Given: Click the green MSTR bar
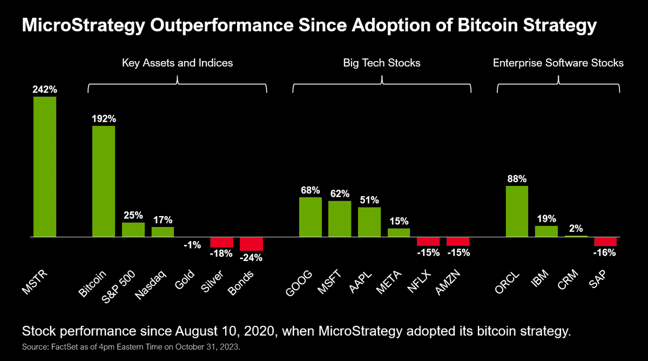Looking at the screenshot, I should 45,166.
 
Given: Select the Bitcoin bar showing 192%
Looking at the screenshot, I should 104,181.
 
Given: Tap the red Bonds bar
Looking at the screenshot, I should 251,244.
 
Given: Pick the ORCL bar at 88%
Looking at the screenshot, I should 517,211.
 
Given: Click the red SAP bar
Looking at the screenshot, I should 605,242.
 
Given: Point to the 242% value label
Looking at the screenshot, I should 45,90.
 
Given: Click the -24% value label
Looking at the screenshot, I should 251,258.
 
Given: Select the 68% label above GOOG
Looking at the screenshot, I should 310,190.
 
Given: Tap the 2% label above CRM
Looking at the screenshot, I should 576,229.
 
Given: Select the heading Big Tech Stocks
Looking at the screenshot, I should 382,63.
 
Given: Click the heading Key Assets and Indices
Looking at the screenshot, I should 177,63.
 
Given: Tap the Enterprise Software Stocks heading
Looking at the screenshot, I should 558,63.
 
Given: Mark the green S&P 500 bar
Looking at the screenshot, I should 133,230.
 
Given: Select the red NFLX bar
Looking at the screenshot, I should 428,242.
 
